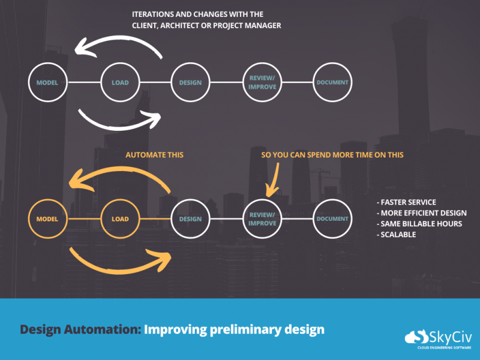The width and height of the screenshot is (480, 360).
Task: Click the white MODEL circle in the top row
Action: pos(47,82)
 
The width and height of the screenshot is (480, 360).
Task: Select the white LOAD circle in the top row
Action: pos(120,82)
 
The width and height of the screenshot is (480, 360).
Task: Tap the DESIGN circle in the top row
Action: pos(190,82)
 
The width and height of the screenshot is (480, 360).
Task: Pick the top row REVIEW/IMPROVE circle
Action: pos(262,82)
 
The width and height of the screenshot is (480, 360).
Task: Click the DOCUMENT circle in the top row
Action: pos(332,82)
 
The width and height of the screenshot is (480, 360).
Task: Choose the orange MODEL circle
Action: pos(47,219)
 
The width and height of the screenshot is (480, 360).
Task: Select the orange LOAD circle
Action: pos(120,219)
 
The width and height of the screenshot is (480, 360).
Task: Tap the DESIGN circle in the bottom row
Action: pos(190,219)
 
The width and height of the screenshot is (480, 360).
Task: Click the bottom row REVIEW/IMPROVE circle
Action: pos(262,219)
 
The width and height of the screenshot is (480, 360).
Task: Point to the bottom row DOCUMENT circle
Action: pos(332,219)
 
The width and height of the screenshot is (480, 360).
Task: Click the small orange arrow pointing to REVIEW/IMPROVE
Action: pos(274,179)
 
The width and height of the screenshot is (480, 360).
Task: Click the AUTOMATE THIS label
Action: pos(154,155)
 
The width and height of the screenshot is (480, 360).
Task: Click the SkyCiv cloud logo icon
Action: pos(415,337)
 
